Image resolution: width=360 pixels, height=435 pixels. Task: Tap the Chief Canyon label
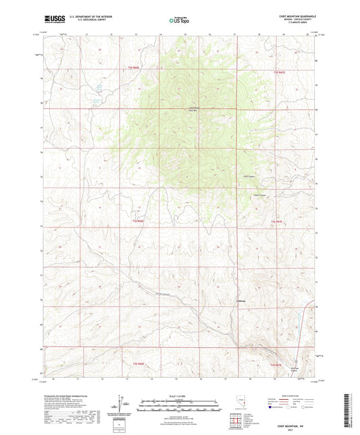pos(249,177)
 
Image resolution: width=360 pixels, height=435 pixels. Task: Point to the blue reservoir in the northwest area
pos(98,88)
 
